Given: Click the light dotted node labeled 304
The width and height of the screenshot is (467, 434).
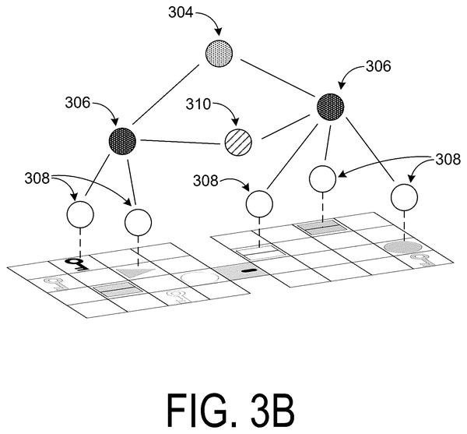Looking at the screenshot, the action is [219, 53].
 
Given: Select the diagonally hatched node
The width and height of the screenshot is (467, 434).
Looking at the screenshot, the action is [238, 142].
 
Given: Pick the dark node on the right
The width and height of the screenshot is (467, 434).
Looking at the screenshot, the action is [330, 107].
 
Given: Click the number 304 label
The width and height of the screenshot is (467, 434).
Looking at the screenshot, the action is [181, 13].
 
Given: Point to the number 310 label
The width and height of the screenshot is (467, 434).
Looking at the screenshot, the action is [198, 104].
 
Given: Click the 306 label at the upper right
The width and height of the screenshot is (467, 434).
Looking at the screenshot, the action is [378, 66].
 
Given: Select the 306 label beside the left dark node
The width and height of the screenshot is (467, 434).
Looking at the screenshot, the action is [78, 103].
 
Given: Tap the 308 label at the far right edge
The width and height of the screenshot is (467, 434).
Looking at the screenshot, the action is [448, 160].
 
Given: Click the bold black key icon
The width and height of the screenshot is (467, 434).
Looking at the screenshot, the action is [76, 264].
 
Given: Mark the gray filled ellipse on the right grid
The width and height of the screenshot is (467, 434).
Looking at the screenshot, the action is [403, 248].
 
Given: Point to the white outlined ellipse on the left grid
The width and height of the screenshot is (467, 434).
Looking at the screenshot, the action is [200, 278].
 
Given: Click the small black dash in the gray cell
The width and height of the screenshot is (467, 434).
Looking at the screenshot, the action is [249, 270].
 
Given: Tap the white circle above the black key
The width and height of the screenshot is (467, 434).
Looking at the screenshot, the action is [80, 214].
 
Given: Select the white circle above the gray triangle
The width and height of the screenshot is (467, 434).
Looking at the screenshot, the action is [139, 222].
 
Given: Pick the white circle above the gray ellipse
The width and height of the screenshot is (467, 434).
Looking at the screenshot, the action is [404, 197].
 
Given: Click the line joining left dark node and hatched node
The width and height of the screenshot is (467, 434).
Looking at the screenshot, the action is [181, 142].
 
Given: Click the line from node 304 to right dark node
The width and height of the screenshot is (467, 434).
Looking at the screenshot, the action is [279, 79].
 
